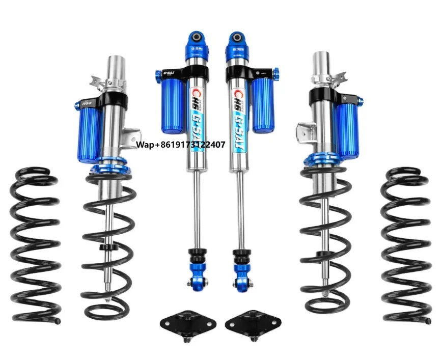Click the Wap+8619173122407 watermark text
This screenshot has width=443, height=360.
(x=181, y=145)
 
